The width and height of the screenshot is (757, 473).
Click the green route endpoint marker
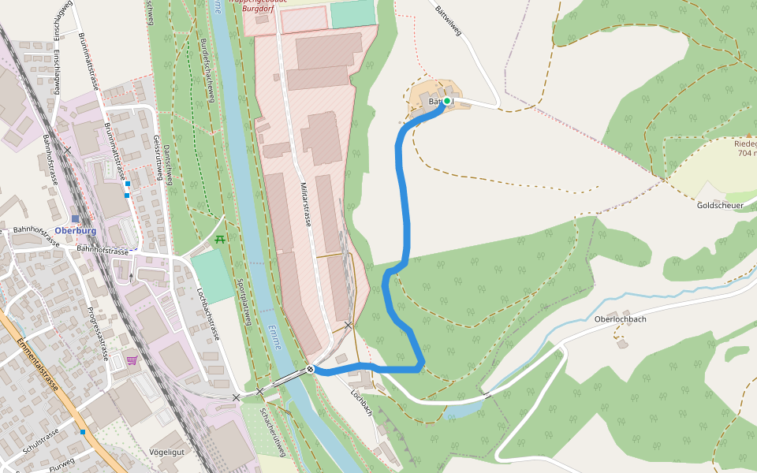click(447, 101)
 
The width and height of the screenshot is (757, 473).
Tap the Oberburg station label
click(76, 231)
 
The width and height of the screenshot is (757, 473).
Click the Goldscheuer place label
click(721, 205)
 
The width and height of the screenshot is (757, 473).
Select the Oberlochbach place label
click(621, 319)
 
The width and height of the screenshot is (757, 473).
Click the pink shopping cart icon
click(132, 360)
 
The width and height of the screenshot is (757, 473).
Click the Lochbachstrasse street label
click(207, 314)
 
